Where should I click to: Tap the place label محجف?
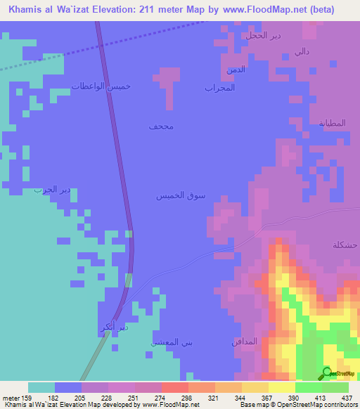[x=161, y=126]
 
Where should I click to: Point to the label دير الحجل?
[x=264, y=34]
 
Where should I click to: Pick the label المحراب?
[x=219, y=88]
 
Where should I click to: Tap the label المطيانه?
[x=333, y=123]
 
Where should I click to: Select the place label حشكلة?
[x=345, y=245]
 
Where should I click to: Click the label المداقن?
[x=244, y=342]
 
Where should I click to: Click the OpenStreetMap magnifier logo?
[x=327, y=373]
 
